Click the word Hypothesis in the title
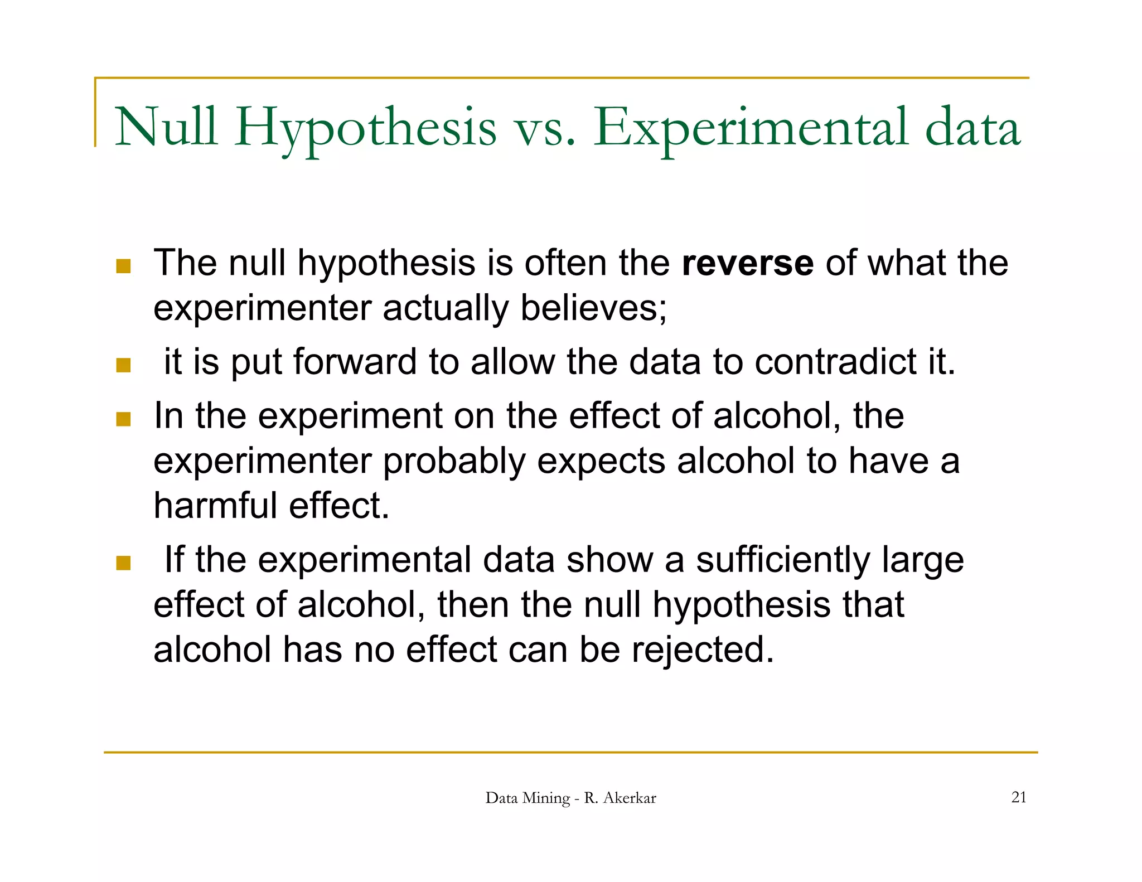pos(365,128)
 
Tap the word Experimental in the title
pos(751,128)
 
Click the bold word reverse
pos(747,263)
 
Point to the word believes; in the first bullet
pos(593,308)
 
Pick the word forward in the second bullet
pos(355,362)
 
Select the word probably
pos(454,461)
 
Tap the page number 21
pos(1018,797)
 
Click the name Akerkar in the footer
pos(630,798)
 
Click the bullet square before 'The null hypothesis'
pos(123,266)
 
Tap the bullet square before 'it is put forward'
pos(123,365)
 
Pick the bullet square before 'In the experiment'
pos(123,419)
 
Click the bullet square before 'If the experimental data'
pos(123,563)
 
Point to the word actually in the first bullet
pos(445,309)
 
